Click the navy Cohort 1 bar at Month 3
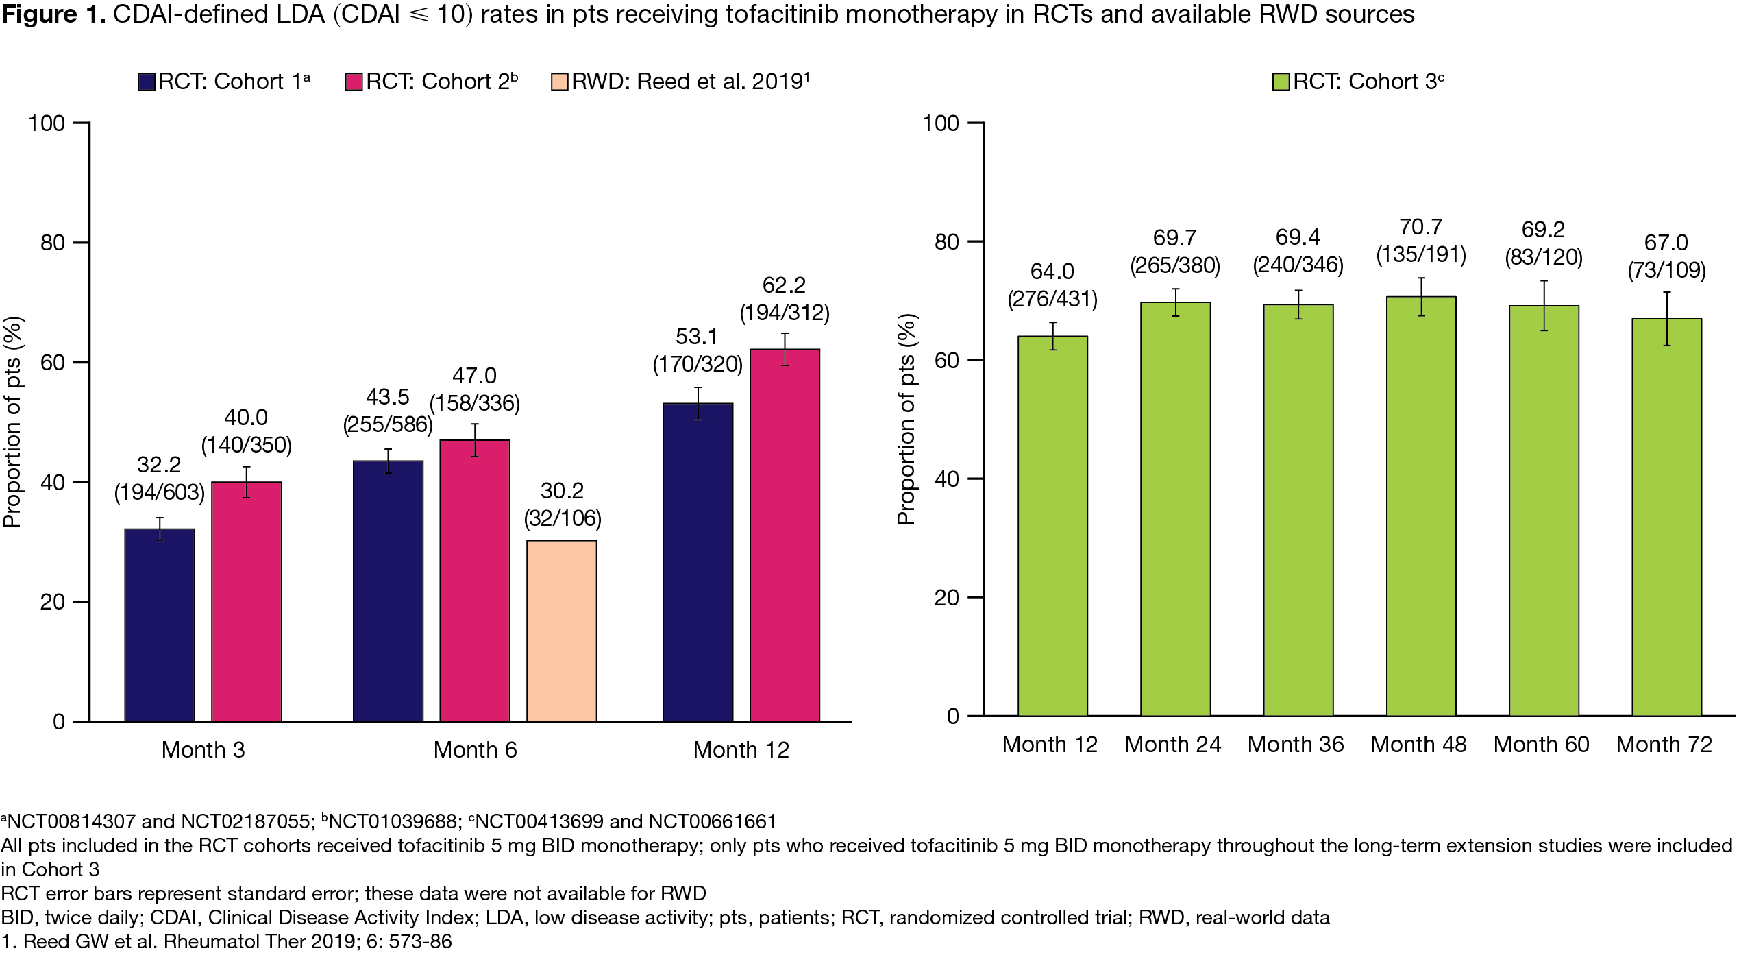coord(160,625)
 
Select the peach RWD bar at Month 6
coord(561,631)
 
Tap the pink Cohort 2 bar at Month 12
coord(785,535)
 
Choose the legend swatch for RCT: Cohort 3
coord(1281,82)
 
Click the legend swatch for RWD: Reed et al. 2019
coord(560,82)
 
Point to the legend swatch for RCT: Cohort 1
coord(147,82)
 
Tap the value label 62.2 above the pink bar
coord(784,285)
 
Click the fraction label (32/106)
coord(563,518)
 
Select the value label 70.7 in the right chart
coord(1421,227)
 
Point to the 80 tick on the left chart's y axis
coord(53,243)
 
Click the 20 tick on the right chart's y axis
coord(946,598)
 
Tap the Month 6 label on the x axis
coord(475,750)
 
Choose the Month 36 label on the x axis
coord(1296,745)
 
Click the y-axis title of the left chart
coord(13,422)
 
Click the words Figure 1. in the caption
coord(53,14)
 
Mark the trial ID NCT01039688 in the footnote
coord(393,821)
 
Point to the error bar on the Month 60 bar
coord(1544,306)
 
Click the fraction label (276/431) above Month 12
coord(1052,300)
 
